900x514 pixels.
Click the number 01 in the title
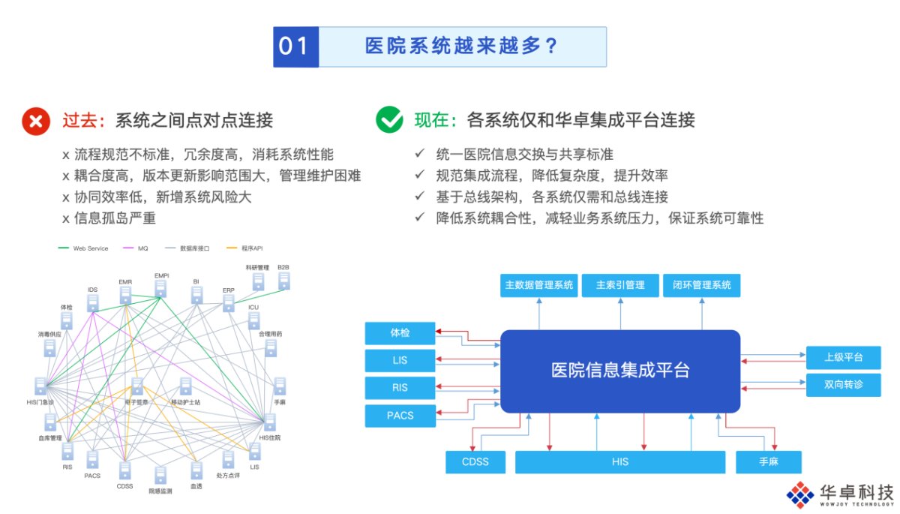click(x=295, y=47)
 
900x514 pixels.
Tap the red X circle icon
click(x=35, y=120)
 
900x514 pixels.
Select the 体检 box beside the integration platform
click(x=400, y=332)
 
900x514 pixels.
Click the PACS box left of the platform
click(x=400, y=415)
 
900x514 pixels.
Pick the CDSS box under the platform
click(x=475, y=461)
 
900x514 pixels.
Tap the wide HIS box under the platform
click(x=620, y=461)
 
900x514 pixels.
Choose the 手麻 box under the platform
click(x=768, y=461)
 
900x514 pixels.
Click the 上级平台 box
click(x=843, y=357)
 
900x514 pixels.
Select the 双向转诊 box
click(x=843, y=385)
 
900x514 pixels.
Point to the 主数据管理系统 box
click(x=538, y=285)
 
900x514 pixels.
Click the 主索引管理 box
click(x=620, y=285)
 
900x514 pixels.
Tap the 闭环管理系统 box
click(x=701, y=285)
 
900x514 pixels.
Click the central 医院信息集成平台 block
click(x=620, y=371)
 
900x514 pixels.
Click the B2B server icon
click(x=283, y=281)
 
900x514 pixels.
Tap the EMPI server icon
click(x=161, y=287)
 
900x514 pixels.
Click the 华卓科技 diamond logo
click(x=800, y=494)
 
